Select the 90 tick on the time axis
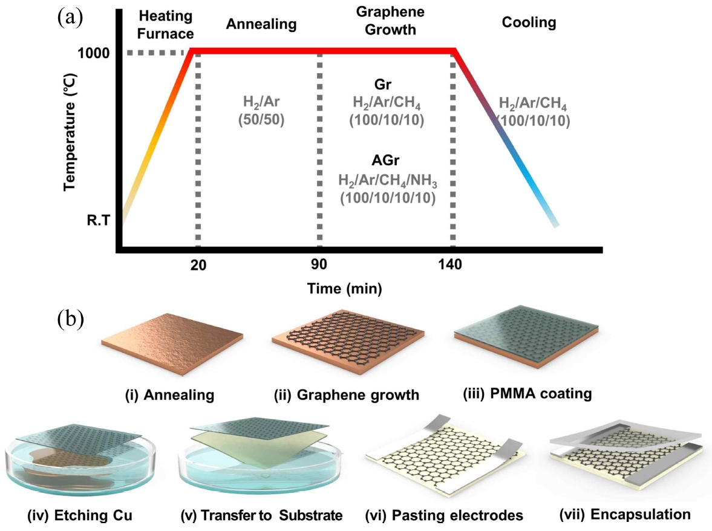pyautogui.click(x=319, y=265)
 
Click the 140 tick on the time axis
pyautogui.click(x=451, y=265)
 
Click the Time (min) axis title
pyautogui.click(x=344, y=288)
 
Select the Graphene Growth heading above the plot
pyautogui.click(x=381, y=20)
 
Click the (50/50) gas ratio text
pyautogui.click(x=261, y=118)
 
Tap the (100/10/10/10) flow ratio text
pyautogui.click(x=387, y=198)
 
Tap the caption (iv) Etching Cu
pyautogui.click(x=80, y=516)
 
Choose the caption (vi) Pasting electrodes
pyautogui.click(x=444, y=516)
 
